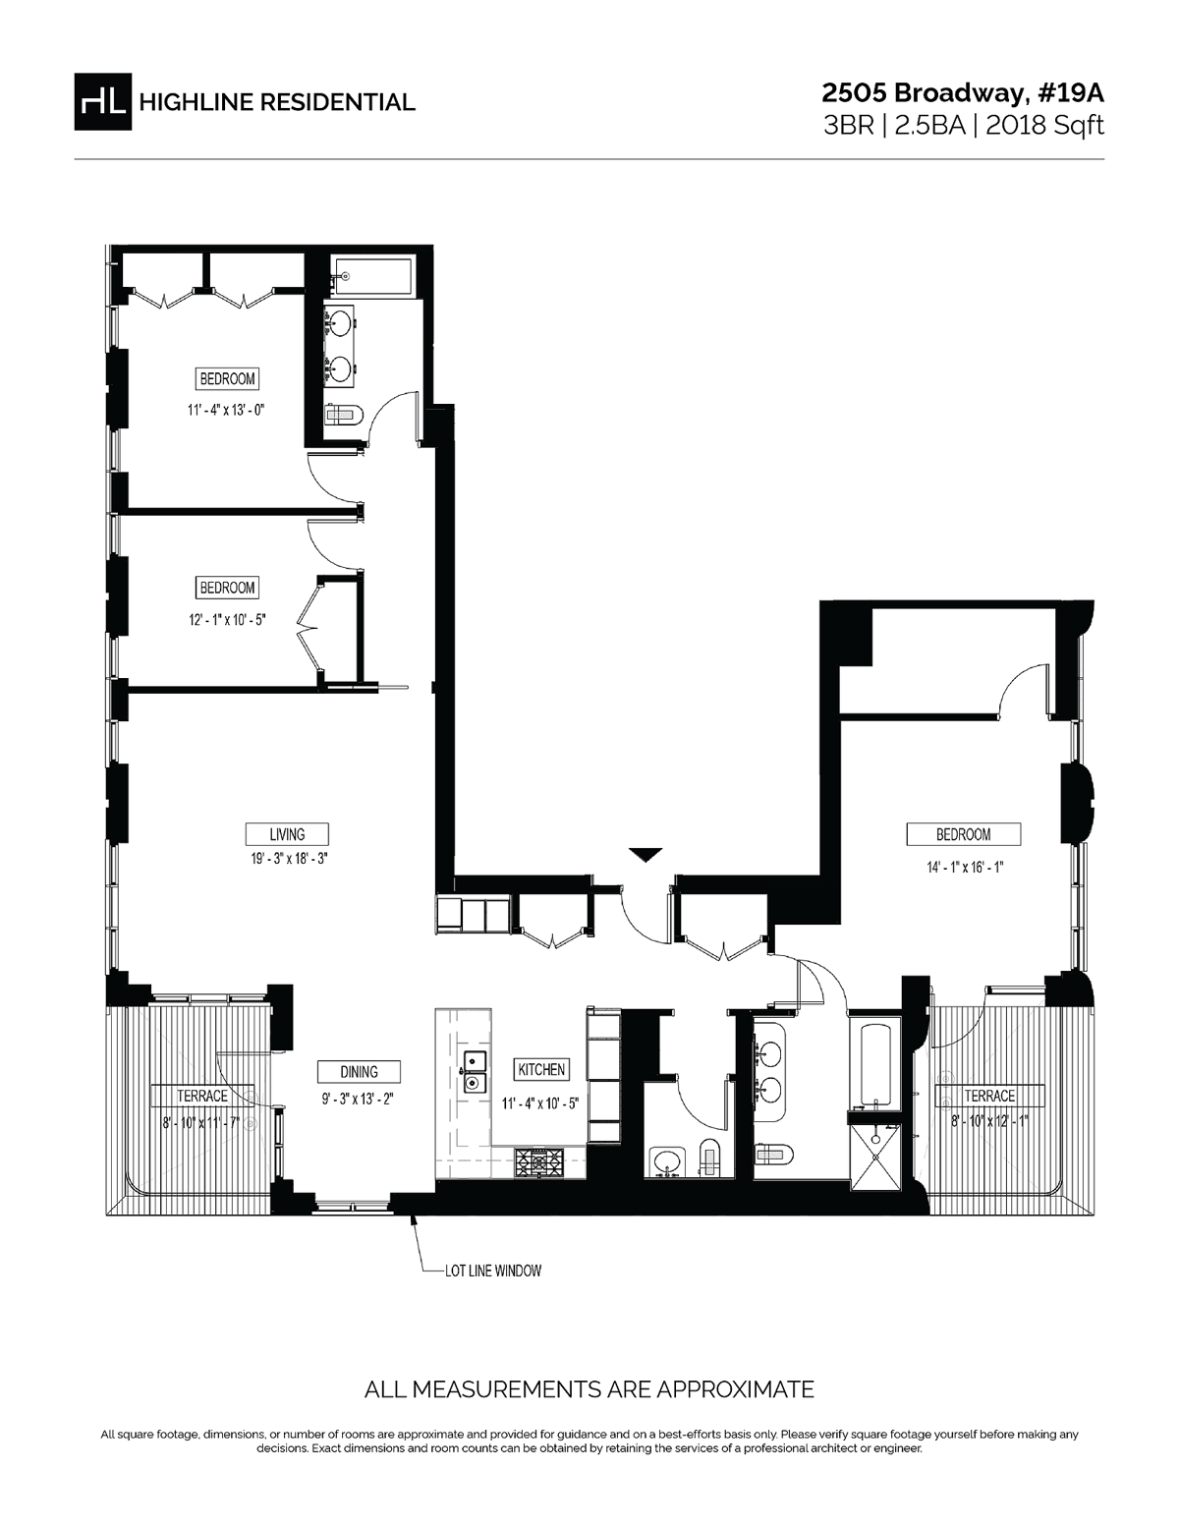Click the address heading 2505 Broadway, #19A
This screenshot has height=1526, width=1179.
coord(963,92)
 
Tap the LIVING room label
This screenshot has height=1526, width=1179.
coord(287,834)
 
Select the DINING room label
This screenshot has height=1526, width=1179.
coord(359,1072)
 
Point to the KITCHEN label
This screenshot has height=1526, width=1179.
coord(541,1069)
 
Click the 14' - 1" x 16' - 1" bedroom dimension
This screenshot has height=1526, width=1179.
coord(963,867)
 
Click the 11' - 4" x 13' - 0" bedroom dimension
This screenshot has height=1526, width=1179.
coord(228,408)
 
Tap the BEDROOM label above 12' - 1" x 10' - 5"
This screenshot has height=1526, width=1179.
coord(227,588)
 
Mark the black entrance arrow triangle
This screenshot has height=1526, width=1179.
coord(645,854)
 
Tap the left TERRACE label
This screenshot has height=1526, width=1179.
coord(202,1096)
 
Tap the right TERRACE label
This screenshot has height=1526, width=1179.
coord(989,1096)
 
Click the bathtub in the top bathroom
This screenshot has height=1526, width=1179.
coord(374,276)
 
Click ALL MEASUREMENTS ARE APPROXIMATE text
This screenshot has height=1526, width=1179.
coord(589,1389)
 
